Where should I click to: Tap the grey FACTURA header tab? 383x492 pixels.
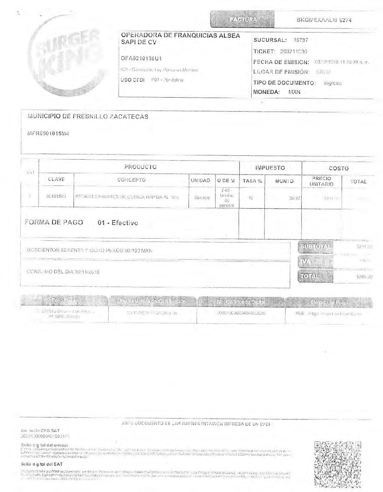tap(242, 20)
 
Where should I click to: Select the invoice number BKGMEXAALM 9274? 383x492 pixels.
tap(324, 20)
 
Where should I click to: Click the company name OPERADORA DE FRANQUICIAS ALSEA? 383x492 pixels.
tap(180, 36)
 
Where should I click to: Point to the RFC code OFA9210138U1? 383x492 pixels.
tap(141, 58)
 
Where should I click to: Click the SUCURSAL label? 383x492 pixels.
tap(270, 40)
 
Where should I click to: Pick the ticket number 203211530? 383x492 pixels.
tap(294, 51)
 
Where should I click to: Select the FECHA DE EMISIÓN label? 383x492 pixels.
tap(281, 62)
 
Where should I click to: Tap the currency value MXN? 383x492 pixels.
tap(294, 92)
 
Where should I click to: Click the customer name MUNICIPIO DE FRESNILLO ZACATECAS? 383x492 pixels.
tap(88, 117)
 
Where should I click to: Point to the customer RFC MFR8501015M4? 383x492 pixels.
tap(48, 133)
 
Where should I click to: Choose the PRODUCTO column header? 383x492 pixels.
tap(140, 167)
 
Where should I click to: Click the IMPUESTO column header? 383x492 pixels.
tap(270, 168)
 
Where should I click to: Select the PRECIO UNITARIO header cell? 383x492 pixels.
tap(321, 181)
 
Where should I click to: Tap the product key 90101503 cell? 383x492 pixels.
tap(56, 197)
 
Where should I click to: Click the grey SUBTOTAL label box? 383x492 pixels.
tap(315, 247)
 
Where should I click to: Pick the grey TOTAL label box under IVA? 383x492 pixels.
tap(315, 276)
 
